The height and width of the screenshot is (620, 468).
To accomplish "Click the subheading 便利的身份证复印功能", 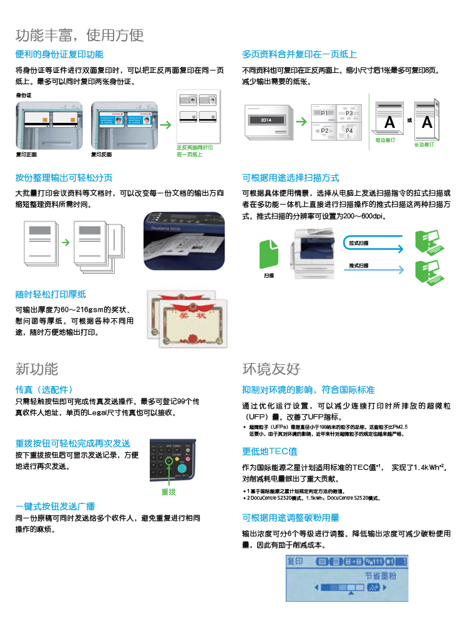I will pyautogui.click(x=59, y=54).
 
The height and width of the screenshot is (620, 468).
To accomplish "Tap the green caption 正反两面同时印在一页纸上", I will pyautogui.click(x=195, y=150).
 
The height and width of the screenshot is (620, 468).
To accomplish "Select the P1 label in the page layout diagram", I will pyautogui.click(x=324, y=114).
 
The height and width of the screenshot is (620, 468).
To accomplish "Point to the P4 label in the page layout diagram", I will pyautogui.click(x=349, y=131).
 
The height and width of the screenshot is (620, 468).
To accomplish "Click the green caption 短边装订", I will pyautogui.click(x=385, y=141).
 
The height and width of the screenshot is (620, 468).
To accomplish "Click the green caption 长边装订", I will pyautogui.click(x=424, y=144).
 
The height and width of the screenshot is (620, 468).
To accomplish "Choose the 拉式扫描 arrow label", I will pyautogui.click(x=359, y=243).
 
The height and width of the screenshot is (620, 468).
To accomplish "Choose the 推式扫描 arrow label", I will pyautogui.click(x=359, y=266).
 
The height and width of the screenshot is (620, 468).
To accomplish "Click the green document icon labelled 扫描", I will pyautogui.click(x=269, y=254).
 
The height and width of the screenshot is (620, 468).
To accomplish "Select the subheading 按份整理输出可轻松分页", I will pyautogui.click(x=64, y=178).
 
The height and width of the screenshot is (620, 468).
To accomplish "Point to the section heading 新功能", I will pyautogui.click(x=37, y=369).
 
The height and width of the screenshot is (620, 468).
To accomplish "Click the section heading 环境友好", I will pyautogui.click(x=271, y=369).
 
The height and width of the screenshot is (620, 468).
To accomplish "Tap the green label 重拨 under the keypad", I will pyautogui.click(x=168, y=492).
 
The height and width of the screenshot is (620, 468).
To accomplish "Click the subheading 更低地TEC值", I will pyautogui.click(x=270, y=451).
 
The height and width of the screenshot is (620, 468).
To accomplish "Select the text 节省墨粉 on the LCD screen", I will pyautogui.click(x=380, y=576).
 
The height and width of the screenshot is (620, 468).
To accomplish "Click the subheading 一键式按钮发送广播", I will pyautogui.click(x=55, y=506).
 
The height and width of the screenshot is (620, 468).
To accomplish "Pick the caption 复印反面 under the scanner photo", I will pyautogui.click(x=102, y=154).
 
